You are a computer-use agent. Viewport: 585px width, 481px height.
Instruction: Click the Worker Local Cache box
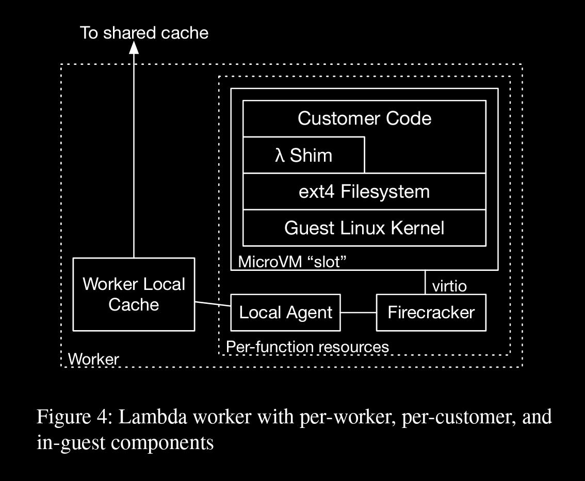click(x=134, y=294)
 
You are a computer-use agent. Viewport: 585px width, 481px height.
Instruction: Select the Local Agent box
click(x=285, y=313)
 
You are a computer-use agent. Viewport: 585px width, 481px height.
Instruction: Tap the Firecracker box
click(x=431, y=313)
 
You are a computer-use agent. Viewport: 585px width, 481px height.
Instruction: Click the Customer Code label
click(x=364, y=119)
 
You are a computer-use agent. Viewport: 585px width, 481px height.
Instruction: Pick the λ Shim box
click(x=303, y=155)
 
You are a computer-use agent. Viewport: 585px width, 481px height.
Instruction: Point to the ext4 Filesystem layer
click(x=364, y=192)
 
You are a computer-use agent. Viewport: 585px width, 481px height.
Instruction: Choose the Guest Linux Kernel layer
click(x=364, y=228)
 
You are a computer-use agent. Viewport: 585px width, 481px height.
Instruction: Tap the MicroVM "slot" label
click(x=291, y=262)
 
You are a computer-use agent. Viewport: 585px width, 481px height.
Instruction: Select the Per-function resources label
click(x=307, y=347)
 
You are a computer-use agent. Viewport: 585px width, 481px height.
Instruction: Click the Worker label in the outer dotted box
click(x=93, y=359)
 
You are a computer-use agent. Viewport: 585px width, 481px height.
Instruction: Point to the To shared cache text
click(x=144, y=33)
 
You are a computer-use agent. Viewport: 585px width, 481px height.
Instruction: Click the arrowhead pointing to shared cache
click(x=134, y=48)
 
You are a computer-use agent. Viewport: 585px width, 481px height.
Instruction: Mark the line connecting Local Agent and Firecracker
click(x=359, y=313)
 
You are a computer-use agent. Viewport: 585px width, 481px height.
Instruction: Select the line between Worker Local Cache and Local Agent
click(x=213, y=304)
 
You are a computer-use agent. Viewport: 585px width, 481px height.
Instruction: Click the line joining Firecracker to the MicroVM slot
click(x=426, y=282)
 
